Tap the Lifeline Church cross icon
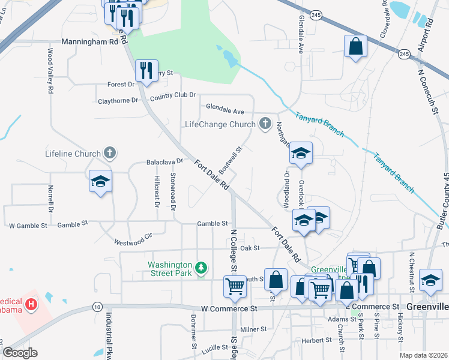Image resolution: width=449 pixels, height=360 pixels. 109,153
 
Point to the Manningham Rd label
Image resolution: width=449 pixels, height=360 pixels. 90,43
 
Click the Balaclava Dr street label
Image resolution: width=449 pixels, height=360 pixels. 164,162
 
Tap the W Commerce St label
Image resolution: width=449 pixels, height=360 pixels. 229,308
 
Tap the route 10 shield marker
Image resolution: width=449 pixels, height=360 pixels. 97,307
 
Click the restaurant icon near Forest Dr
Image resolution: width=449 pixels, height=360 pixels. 146,70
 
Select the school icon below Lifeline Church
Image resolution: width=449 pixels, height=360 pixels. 101,181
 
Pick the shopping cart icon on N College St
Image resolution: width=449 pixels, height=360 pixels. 235,286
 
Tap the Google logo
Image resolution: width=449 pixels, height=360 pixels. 20,353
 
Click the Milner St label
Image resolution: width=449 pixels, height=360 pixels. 253,329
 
